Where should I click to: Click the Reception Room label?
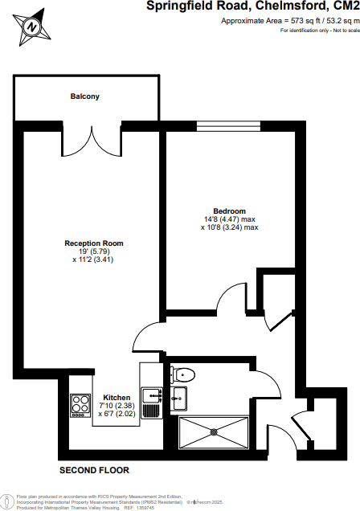click(x=93, y=243)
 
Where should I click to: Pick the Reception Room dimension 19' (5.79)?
click(x=95, y=251)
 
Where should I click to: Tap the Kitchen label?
click(x=117, y=397)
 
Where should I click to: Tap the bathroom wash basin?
click(x=178, y=396)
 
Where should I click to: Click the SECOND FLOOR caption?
click(x=94, y=470)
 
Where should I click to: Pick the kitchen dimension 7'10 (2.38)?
click(x=117, y=405)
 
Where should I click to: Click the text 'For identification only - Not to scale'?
click(x=318, y=30)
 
